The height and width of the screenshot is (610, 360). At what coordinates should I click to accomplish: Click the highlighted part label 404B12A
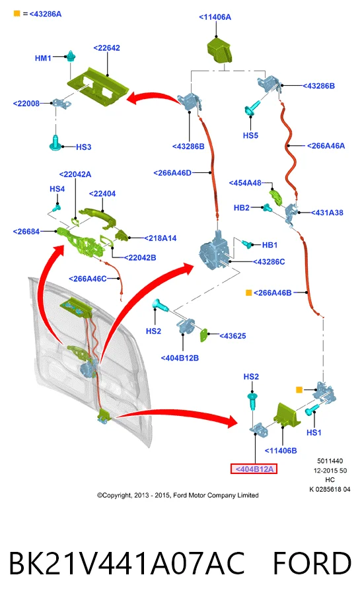click(x=254, y=469)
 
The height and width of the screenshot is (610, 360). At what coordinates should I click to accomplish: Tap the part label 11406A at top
click(x=215, y=17)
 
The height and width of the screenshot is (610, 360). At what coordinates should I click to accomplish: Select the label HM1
click(x=43, y=58)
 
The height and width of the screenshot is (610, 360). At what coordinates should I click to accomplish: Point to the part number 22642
click(x=106, y=48)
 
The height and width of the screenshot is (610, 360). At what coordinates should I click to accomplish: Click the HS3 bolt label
click(x=83, y=147)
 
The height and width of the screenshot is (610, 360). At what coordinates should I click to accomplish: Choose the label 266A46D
click(x=172, y=173)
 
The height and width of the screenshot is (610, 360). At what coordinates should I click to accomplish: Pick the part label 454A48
click(x=245, y=183)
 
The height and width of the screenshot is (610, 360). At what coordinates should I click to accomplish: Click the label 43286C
click(x=269, y=262)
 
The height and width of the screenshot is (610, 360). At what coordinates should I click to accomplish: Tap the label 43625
click(x=233, y=336)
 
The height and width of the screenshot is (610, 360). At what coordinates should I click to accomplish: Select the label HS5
click(x=250, y=135)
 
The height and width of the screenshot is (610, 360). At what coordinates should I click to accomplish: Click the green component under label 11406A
click(x=219, y=50)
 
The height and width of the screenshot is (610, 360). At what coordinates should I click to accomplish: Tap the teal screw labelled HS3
click(x=56, y=143)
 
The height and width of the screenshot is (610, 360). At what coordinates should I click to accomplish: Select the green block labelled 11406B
click(x=287, y=415)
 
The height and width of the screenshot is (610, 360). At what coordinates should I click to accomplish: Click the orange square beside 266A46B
click(x=248, y=292)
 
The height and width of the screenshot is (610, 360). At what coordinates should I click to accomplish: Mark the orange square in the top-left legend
click(x=17, y=14)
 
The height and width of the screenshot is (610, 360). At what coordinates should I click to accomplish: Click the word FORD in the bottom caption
click(x=312, y=563)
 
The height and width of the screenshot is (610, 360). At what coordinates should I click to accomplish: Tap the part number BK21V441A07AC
click(x=126, y=563)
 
